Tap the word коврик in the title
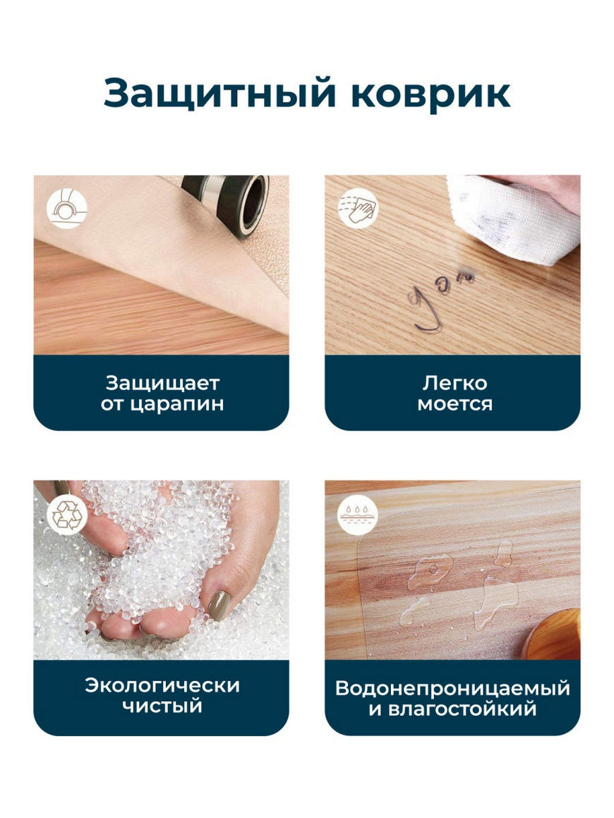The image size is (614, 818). [x=431, y=94]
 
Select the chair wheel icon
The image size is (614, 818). [x=66, y=208]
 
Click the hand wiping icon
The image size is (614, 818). [x=358, y=208]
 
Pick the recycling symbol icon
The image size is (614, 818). [x=67, y=514]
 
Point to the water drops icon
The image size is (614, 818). [x=358, y=514]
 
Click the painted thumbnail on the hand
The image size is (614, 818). [x=219, y=604]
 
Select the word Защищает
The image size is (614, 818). [x=162, y=384]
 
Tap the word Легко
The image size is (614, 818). [x=455, y=384]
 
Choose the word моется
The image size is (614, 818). [x=455, y=404]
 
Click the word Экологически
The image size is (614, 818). [x=162, y=685]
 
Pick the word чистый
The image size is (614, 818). [x=162, y=706]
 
